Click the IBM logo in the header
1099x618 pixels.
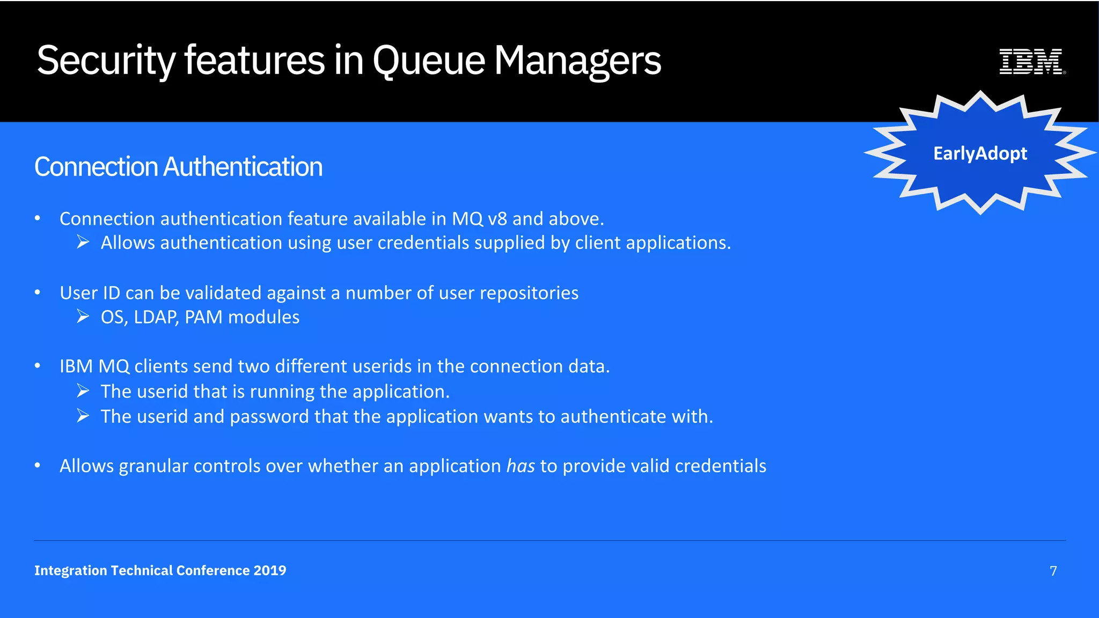pos(1031,61)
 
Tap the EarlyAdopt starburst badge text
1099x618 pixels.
pos(980,153)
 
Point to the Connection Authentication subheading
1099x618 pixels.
pos(178,166)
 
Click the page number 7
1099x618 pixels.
pos(1053,571)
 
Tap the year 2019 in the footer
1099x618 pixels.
pos(270,570)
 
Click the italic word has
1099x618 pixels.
pos(520,466)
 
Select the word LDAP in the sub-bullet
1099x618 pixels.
pos(156,317)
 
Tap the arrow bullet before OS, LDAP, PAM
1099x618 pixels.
pos(83,317)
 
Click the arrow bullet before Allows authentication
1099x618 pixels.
pos(83,242)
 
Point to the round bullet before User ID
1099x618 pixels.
pos(38,292)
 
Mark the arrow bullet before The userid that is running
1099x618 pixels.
pos(83,391)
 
